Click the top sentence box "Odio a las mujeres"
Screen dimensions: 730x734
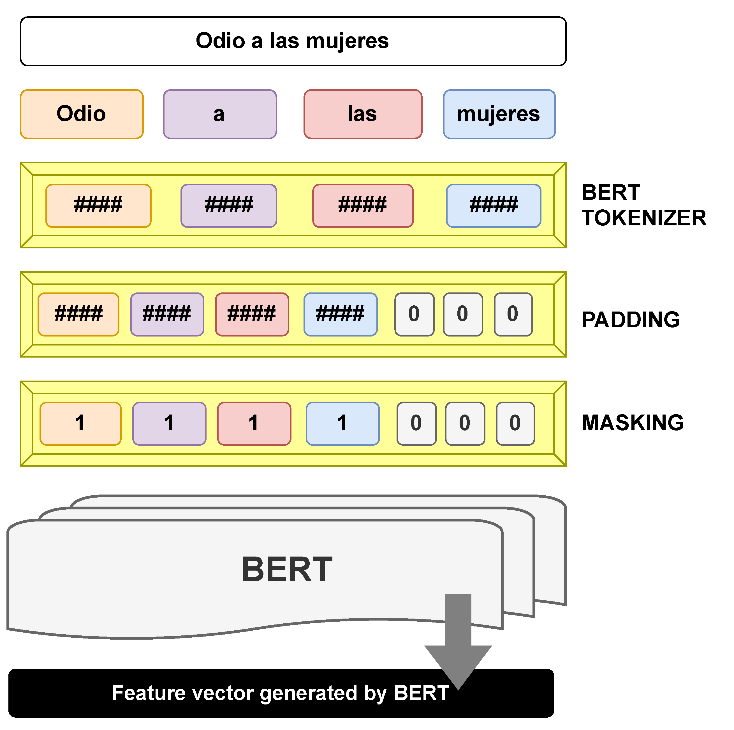coord(293,41)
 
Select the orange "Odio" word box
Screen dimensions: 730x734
coord(82,114)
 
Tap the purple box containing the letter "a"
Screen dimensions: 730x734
coord(220,114)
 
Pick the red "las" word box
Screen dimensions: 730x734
coord(362,114)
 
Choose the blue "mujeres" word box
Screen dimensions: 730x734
coord(499,114)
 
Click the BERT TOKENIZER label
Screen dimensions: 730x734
coord(643,205)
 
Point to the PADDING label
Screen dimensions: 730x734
coord(630,320)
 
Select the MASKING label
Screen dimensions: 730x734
coord(632,423)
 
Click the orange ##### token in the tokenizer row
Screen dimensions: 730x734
coord(98,205)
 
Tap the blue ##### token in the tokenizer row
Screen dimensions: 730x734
coord(493,205)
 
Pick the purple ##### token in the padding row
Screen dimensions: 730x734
coord(167,314)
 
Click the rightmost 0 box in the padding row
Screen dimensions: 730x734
coord(513,314)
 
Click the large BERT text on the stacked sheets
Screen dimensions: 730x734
coord(287,569)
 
